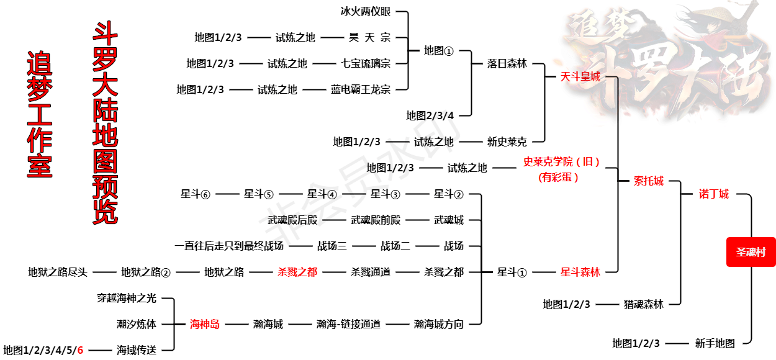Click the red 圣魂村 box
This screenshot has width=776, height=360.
point(751,252)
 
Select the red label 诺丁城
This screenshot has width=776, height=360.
point(713,194)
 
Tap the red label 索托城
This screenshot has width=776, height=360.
point(648,181)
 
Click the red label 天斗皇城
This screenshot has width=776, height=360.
point(580,77)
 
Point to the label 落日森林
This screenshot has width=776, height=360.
point(507,63)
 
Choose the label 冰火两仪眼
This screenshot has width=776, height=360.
point(366,11)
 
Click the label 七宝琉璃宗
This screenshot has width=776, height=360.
point(366,63)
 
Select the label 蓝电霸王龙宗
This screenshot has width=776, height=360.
point(361,89)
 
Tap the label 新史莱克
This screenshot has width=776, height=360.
point(507,142)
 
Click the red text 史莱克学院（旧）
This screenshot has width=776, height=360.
point(562,162)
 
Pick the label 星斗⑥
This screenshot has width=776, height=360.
point(196,194)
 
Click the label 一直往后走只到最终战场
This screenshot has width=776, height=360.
point(229,246)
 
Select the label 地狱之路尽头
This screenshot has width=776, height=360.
point(58,272)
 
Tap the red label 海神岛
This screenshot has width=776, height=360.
point(204,324)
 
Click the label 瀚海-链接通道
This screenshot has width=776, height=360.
point(348,324)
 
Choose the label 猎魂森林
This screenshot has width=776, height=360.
point(643,304)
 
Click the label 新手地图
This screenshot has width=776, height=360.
point(715,343)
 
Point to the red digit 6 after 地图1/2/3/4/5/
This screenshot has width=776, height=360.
point(80,350)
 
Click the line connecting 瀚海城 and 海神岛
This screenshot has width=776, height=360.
point(236,324)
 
